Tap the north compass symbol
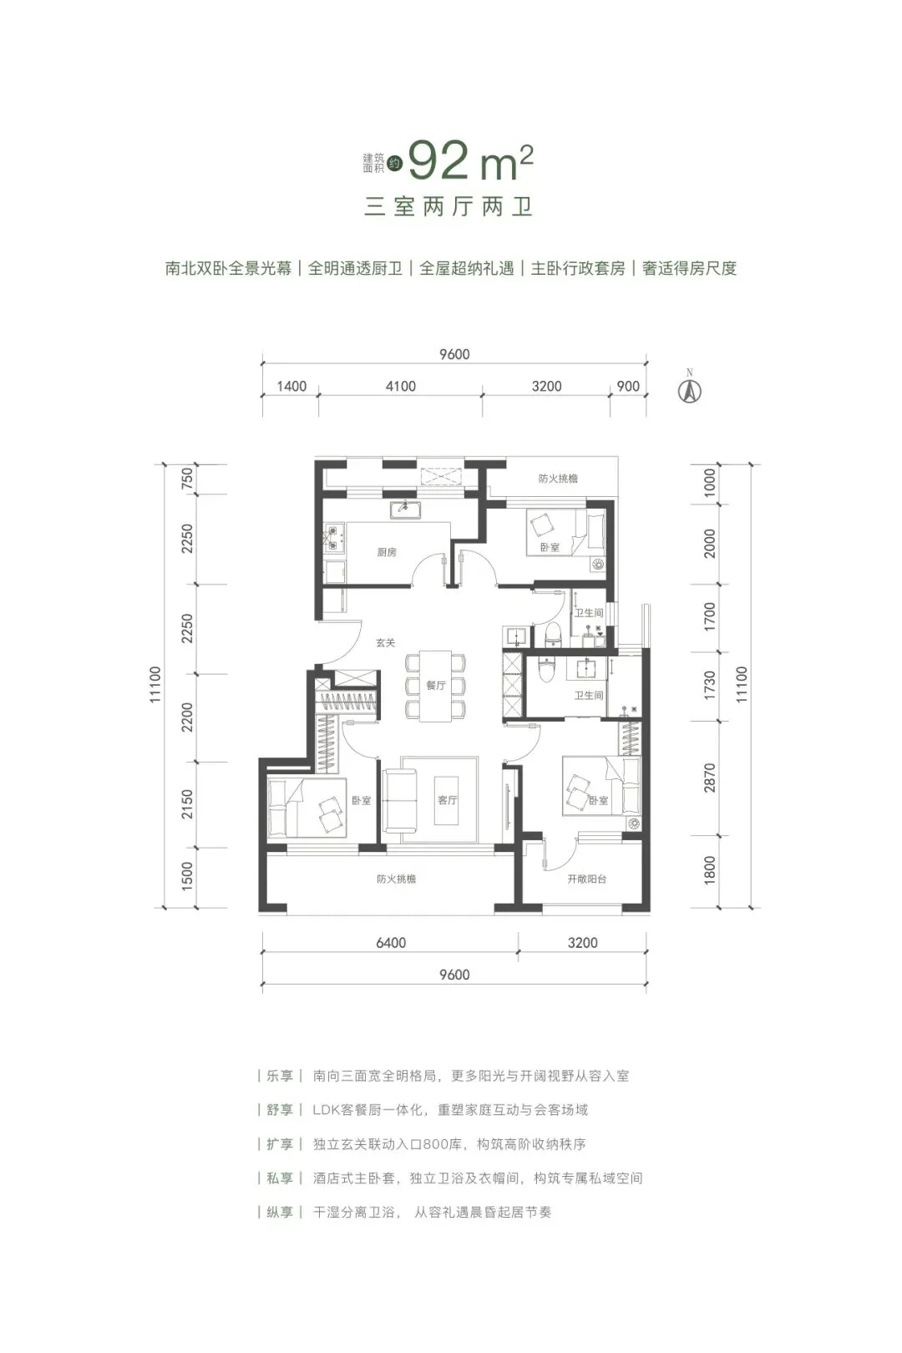689,390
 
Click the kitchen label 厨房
386,552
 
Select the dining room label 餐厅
436,685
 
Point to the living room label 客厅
448,799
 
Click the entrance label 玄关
385,642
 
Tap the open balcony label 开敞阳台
586,879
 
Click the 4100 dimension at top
401,386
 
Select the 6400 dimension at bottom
390,942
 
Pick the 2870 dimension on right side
710,778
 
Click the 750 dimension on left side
187,479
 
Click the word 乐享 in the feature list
280,1076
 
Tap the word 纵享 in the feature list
280,1212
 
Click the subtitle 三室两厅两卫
448,206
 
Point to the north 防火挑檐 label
558,479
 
